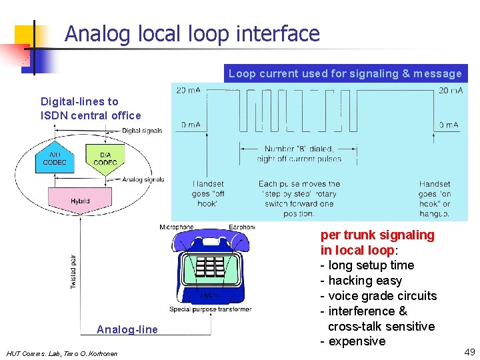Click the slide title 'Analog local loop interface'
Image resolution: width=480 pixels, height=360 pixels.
(x=192, y=33)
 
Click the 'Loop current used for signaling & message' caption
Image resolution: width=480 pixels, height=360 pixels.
(x=345, y=73)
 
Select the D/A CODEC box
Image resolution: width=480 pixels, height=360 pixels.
(x=105, y=159)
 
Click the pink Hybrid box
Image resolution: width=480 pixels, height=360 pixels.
(x=80, y=201)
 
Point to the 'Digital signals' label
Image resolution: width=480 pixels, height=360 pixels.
(x=142, y=131)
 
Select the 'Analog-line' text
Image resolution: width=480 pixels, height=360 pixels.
(x=127, y=329)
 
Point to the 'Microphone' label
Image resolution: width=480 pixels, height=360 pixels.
(x=176, y=227)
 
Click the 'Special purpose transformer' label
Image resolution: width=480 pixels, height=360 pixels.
(x=210, y=309)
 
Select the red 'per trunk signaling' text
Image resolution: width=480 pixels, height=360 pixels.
(x=377, y=235)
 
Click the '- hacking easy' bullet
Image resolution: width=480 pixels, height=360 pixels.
(x=361, y=281)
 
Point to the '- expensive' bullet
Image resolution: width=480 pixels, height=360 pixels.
(x=353, y=341)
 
